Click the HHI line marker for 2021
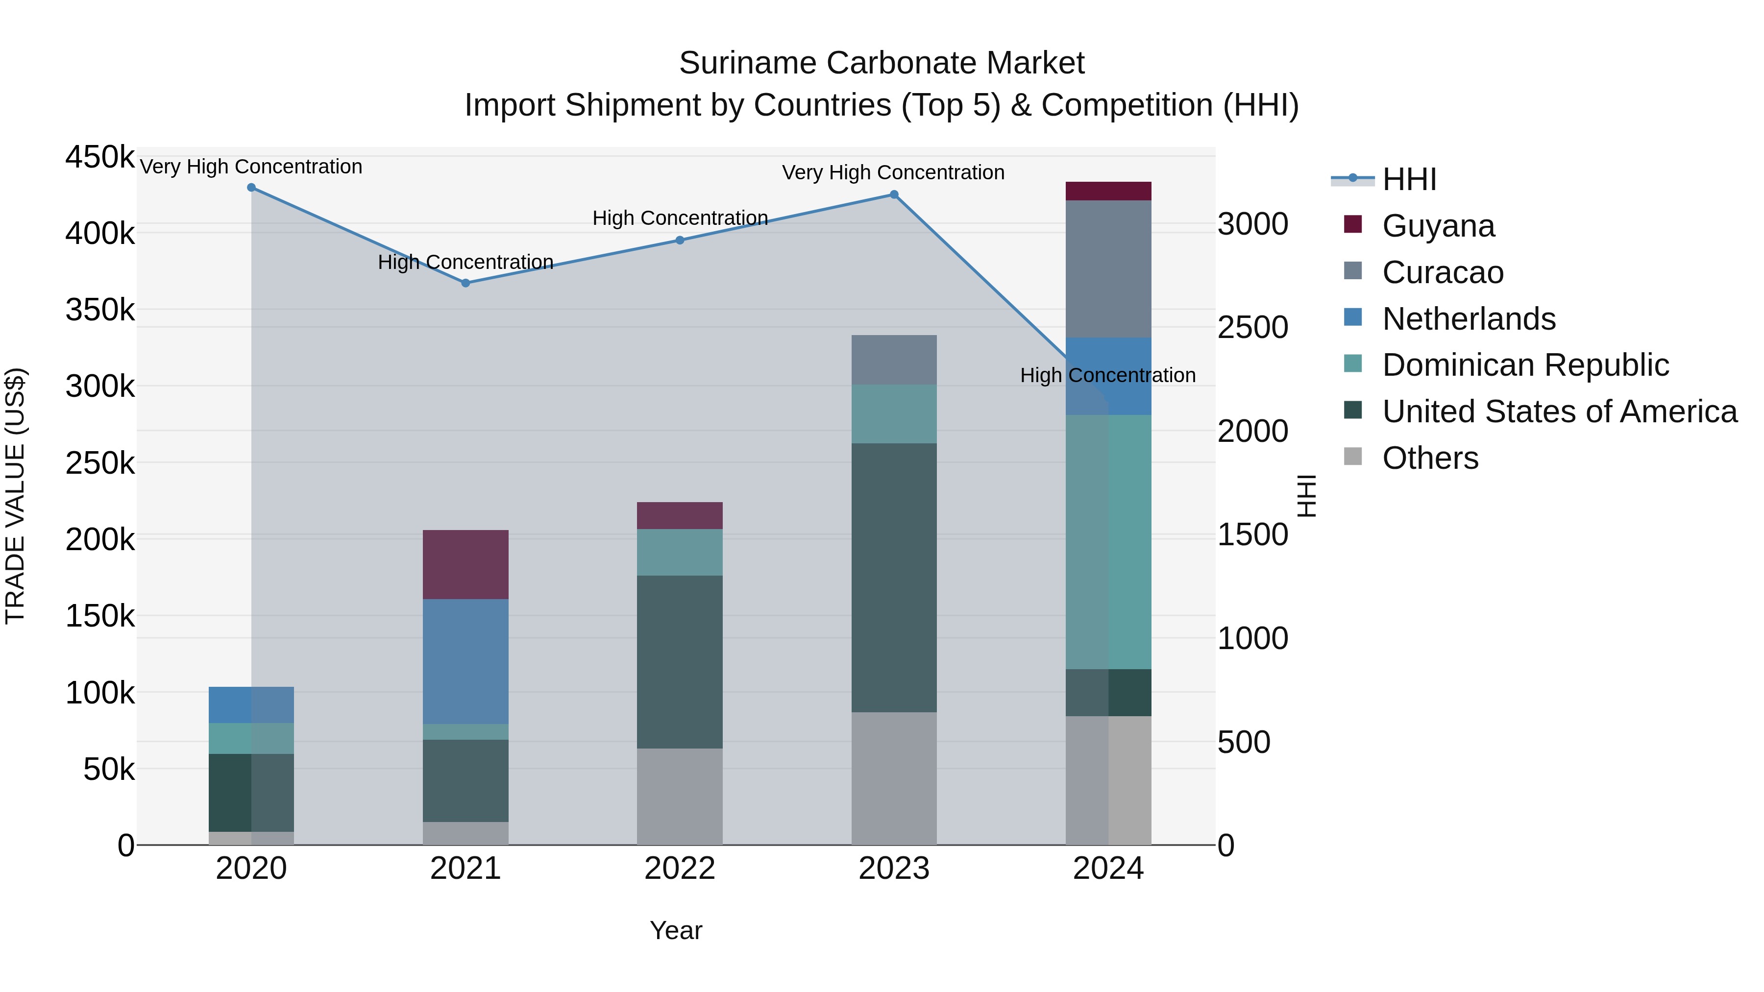point(465,283)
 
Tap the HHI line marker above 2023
point(894,194)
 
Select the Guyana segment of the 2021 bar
point(465,564)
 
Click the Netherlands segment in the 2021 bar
point(465,661)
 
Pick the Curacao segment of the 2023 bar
point(894,360)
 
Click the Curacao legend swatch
point(1353,271)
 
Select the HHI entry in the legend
point(1409,179)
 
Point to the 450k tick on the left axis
point(100,157)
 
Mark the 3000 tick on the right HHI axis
point(1252,224)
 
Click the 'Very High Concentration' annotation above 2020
point(251,167)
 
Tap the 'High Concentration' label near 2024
point(1108,375)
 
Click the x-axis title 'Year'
point(676,930)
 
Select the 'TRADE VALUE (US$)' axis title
point(15,496)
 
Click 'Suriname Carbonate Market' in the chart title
point(882,63)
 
